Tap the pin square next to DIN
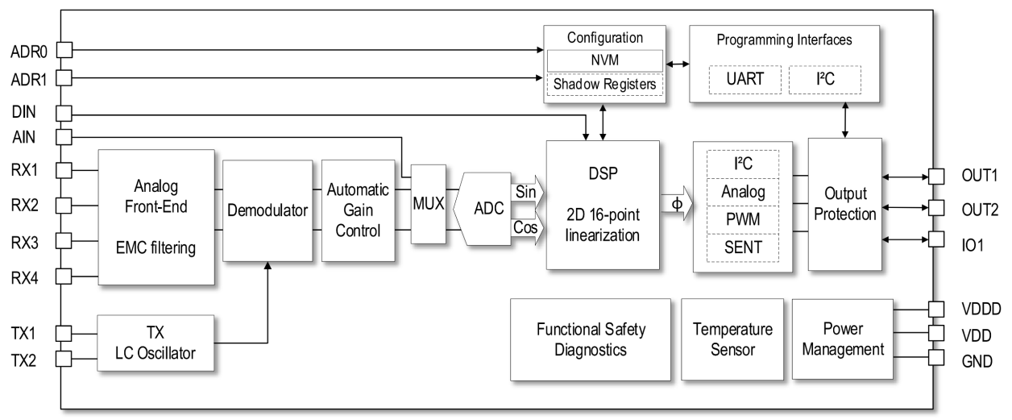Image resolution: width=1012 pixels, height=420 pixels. (x=64, y=114)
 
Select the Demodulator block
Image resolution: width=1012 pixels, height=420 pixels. (x=267, y=210)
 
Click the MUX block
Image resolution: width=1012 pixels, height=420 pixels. (x=428, y=204)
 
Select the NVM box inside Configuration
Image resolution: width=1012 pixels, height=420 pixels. (x=604, y=60)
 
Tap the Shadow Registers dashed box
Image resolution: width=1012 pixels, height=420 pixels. (x=604, y=83)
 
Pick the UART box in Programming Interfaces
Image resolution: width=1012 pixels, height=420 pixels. (x=738, y=79)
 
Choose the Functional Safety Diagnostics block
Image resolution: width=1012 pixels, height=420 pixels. (x=591, y=339)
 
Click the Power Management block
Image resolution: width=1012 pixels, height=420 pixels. (x=843, y=339)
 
